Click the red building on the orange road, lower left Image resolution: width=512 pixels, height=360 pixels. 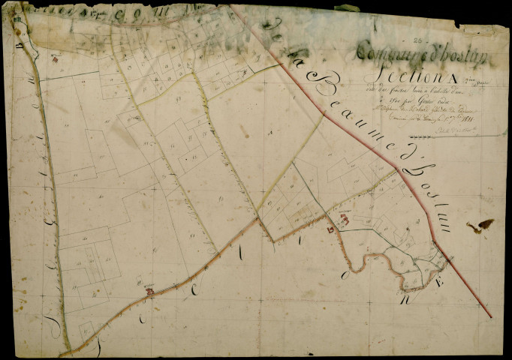[150, 290]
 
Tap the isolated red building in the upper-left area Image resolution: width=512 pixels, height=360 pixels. [54, 57]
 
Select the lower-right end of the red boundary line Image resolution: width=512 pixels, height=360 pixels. [491, 316]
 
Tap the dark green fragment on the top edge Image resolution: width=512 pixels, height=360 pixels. [348, 8]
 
